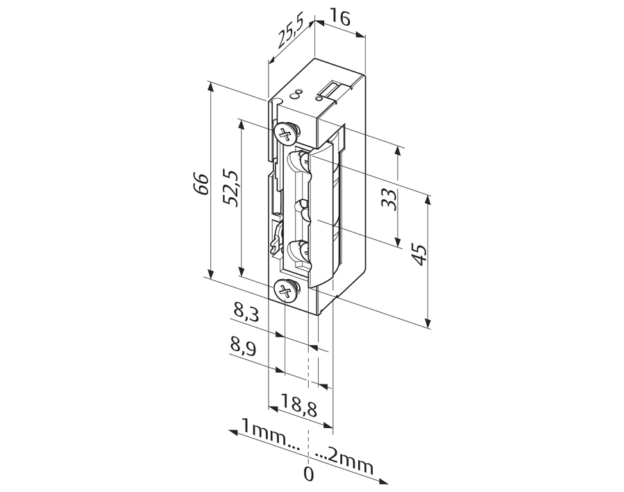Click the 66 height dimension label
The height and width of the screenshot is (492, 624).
click(x=203, y=183)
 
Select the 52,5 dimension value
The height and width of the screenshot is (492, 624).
click(x=231, y=188)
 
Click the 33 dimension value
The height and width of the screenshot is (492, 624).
click(x=389, y=200)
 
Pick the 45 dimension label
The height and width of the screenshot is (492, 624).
click(x=419, y=255)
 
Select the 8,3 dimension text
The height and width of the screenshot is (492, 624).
click(x=246, y=312)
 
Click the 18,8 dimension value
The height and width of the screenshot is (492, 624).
click(x=299, y=405)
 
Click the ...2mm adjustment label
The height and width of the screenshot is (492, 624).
click(x=345, y=461)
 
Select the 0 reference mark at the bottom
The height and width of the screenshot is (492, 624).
click(x=308, y=475)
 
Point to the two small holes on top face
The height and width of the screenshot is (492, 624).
click(x=296, y=93)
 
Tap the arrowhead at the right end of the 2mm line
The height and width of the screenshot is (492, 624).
click(x=384, y=482)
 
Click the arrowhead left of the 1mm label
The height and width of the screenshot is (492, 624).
click(x=233, y=432)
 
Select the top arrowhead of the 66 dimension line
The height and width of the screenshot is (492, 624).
click(x=211, y=87)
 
